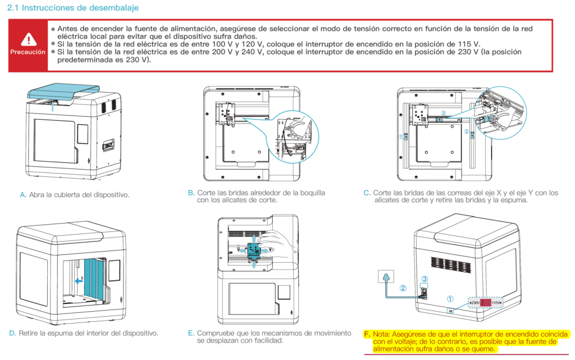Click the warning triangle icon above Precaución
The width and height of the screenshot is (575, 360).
[28, 39]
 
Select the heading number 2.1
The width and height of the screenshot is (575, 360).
[14, 8]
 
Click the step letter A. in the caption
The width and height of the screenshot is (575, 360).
[23, 195]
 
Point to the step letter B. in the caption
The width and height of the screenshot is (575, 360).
[191, 193]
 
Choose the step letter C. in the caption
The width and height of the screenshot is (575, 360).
[367, 193]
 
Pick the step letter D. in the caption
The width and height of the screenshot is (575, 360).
[12, 333]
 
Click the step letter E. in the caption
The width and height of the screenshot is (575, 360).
[191, 333]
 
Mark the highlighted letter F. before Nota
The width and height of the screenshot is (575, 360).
[367, 333]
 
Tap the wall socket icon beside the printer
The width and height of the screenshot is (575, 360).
[385, 277]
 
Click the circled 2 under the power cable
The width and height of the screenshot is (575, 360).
[403, 289]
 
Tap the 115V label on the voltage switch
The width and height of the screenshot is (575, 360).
[497, 303]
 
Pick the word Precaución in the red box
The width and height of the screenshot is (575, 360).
[28, 52]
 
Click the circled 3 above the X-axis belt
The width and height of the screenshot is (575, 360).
[443, 113]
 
